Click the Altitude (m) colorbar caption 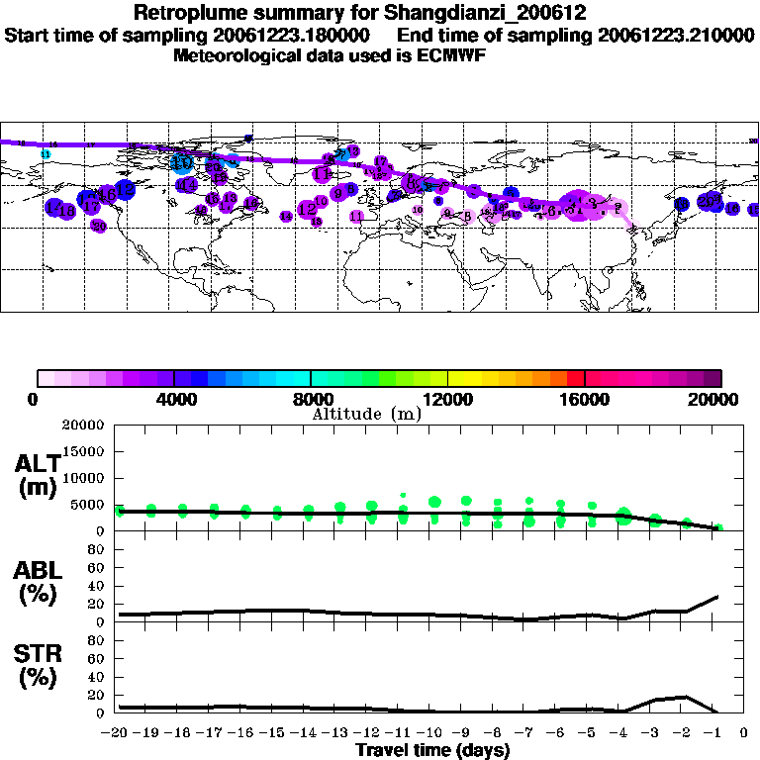tap(366, 414)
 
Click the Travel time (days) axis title tap(432, 751)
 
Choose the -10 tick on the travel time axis tap(433, 734)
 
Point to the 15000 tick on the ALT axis tap(82, 451)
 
